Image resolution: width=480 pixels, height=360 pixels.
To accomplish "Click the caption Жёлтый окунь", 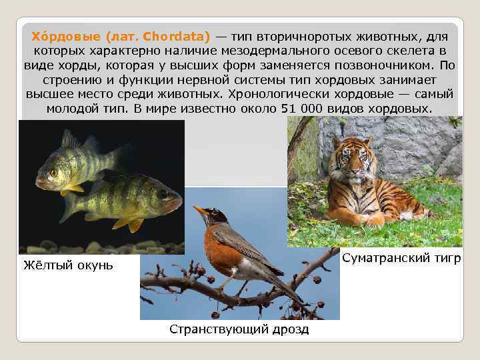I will (x=68, y=265).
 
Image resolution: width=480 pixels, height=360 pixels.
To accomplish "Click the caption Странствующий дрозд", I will (x=239, y=329).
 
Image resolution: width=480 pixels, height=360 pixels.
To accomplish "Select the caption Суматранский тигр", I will (x=401, y=258).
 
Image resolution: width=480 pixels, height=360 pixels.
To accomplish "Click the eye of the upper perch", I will (x=54, y=172).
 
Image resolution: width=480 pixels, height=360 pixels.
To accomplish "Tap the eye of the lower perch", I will (x=163, y=194).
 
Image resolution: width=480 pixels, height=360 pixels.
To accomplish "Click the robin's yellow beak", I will (x=199, y=211).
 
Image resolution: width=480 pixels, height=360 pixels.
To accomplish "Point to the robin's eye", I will (x=212, y=214).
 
